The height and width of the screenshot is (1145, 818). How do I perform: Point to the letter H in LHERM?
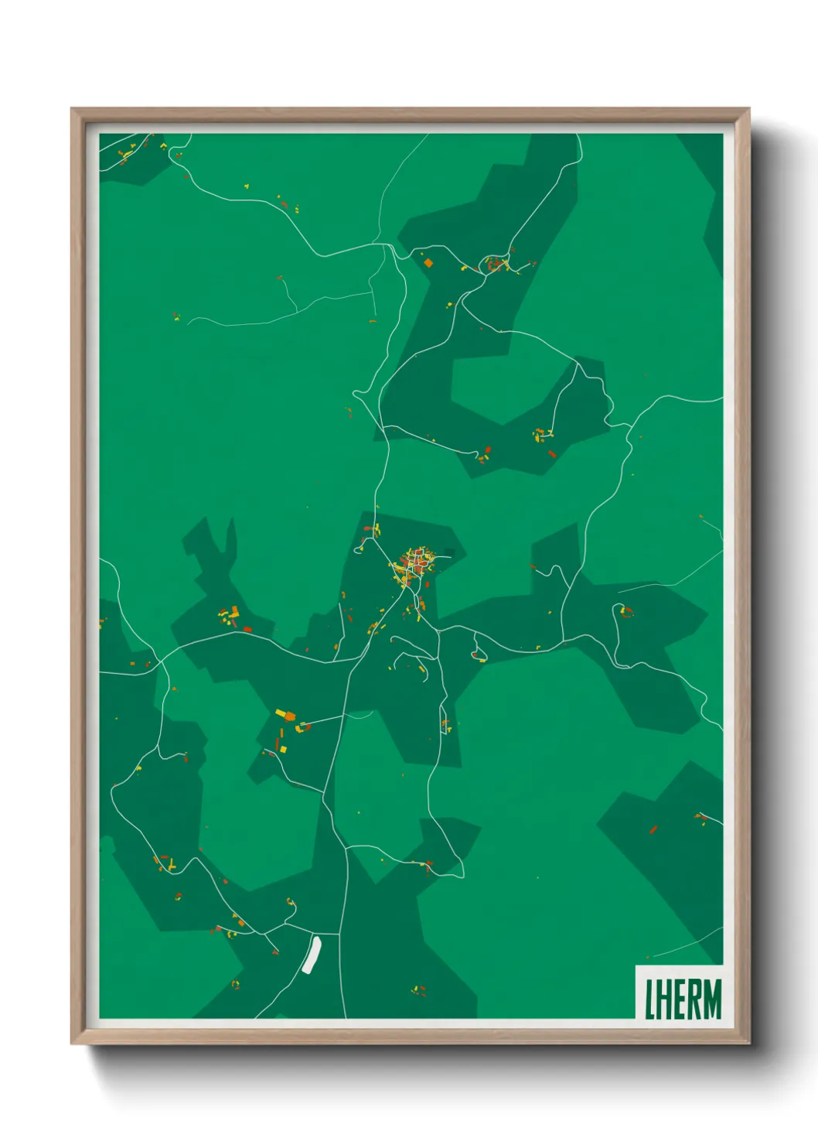tap(663, 1000)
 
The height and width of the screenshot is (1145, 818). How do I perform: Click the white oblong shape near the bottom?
tap(312, 955)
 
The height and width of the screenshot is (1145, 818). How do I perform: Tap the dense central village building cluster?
tap(414, 565)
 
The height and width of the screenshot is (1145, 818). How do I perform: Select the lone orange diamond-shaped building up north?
tap(428, 263)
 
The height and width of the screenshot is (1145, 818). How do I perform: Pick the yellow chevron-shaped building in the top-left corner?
tap(123, 156)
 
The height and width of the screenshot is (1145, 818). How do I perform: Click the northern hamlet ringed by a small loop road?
tap(495, 265)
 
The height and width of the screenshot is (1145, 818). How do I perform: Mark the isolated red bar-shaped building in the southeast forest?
tap(653, 830)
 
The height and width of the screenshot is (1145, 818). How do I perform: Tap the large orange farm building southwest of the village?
tap(289, 716)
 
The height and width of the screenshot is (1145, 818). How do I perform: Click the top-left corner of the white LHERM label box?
tap(636, 966)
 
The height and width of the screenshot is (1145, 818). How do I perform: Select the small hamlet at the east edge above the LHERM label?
tap(700, 817)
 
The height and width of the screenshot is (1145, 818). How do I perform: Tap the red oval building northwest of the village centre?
tap(368, 529)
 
